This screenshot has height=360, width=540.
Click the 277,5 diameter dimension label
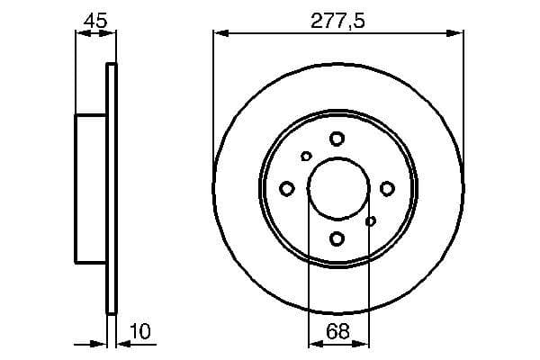(x=338, y=20)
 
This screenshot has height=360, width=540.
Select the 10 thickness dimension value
(x=139, y=332)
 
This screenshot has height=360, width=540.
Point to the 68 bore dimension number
(x=338, y=332)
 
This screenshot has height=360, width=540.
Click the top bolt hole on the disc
(x=337, y=139)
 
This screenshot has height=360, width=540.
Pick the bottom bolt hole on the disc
(x=337, y=238)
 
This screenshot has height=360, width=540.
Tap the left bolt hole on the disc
(x=287, y=188)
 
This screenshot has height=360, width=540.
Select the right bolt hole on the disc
(x=388, y=188)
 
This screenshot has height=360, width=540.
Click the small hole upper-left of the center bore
(x=306, y=157)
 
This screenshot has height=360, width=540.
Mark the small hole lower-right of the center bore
(x=371, y=220)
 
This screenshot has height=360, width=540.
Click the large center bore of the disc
(x=337, y=188)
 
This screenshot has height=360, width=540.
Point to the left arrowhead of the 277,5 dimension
(x=220, y=34)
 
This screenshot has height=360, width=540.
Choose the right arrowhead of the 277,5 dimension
(x=458, y=34)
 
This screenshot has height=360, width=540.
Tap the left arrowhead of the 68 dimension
(x=313, y=344)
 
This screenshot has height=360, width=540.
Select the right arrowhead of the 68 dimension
(x=363, y=344)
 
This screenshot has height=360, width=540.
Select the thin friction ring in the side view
(x=112, y=189)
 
